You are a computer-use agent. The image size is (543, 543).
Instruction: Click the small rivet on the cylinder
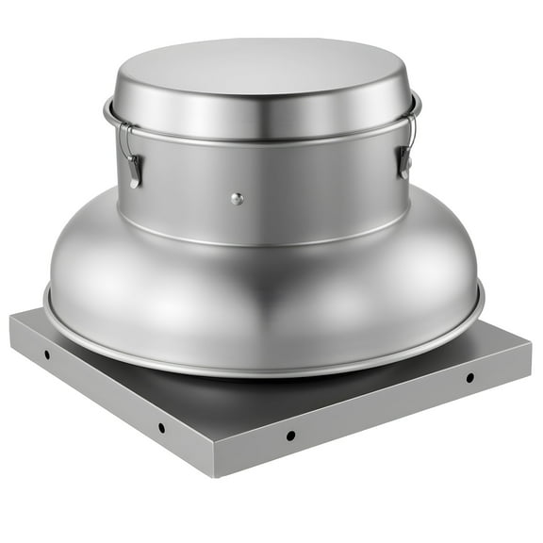(237, 199)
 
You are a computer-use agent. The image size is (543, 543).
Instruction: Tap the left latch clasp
(135, 169)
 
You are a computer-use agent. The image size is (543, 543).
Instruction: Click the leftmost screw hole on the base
(46, 355)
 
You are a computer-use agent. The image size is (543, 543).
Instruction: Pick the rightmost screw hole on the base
(469, 378)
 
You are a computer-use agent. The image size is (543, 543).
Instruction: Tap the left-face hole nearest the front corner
(161, 427)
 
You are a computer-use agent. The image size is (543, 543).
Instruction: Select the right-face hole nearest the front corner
(290, 436)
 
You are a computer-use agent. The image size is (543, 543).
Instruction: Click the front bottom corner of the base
(219, 474)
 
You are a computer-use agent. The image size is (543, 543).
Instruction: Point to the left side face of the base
(104, 396)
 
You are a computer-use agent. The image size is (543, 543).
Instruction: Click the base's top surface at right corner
(500, 339)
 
